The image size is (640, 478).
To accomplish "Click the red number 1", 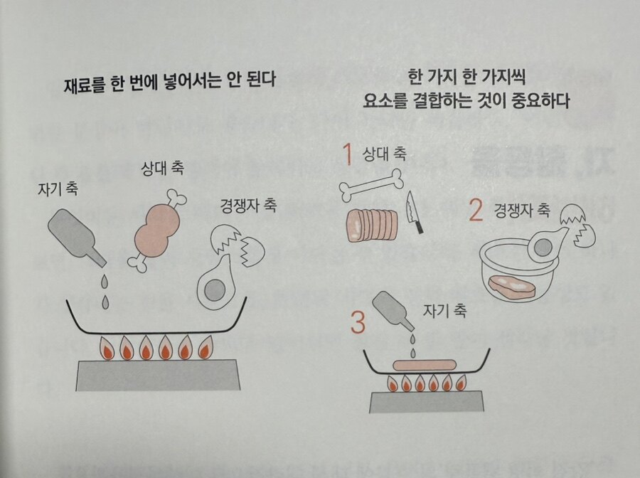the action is [348, 154].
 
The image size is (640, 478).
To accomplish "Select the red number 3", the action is [358, 322].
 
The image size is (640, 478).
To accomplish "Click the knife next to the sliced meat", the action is [413, 213].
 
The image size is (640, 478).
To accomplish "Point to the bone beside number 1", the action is [370, 184].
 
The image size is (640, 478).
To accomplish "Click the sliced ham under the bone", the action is [371, 225].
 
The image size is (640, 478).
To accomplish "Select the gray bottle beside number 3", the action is [393, 310].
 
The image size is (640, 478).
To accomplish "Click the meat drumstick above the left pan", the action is [157, 230].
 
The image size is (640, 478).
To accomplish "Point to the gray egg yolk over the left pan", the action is [215, 290].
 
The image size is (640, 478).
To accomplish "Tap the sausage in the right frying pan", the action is [425, 365].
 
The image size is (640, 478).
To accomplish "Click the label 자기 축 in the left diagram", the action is [58, 189].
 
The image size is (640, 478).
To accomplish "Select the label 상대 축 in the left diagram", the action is [162, 168].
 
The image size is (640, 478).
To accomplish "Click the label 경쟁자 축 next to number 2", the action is [522, 211].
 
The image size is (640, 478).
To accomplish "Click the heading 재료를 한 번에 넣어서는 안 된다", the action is [170, 82].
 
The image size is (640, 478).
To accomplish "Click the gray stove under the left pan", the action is [157, 375].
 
